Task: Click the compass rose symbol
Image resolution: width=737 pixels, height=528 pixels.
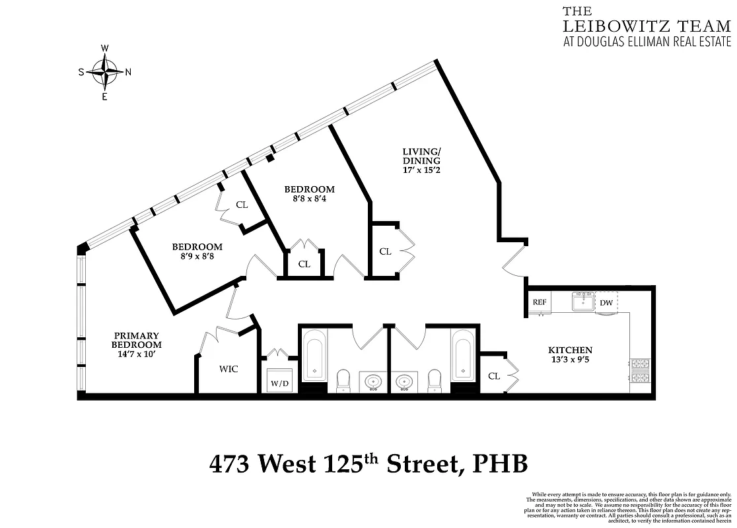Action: tap(104, 72)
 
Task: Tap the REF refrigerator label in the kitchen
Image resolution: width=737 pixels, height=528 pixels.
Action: tap(540, 302)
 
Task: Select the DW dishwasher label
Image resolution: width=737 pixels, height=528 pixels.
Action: tap(606, 303)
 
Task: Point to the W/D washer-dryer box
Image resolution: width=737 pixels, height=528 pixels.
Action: tap(279, 383)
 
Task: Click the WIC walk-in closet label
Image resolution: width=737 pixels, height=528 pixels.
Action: tap(228, 369)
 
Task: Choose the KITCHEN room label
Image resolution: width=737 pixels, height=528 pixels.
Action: tap(570, 350)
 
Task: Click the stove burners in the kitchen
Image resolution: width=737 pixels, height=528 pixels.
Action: tap(641, 370)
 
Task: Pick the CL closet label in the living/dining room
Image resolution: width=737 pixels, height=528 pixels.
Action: tap(384, 251)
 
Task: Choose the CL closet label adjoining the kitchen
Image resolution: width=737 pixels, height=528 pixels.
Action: tap(493, 376)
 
